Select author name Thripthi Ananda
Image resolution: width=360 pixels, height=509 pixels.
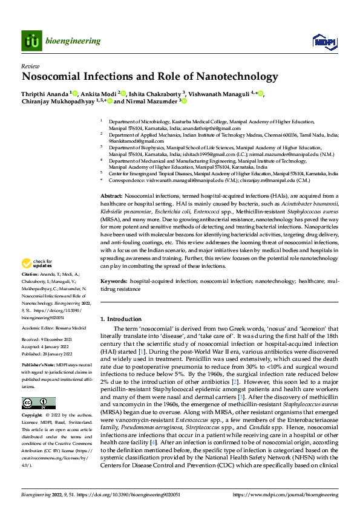(45, 94)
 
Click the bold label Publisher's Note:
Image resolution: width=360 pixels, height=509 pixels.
(38, 366)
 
